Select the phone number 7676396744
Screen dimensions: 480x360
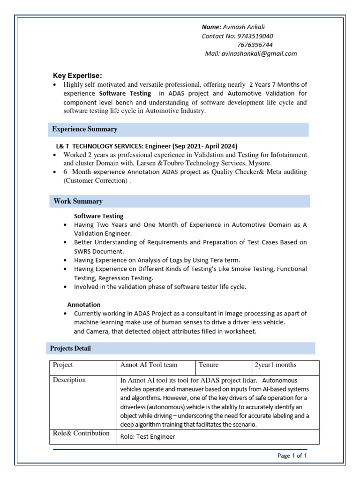pyautogui.click(x=255, y=45)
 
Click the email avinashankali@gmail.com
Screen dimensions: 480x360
pyautogui.click(x=259, y=53)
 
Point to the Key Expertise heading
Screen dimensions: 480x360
pyautogui.click(x=77, y=76)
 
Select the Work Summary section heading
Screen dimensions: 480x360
pyautogui.click(x=78, y=201)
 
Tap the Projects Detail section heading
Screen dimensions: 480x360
pyautogui.click(x=71, y=348)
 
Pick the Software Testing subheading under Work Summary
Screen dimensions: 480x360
pyautogui.click(x=99, y=216)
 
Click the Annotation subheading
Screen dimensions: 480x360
pyautogui.click(x=84, y=305)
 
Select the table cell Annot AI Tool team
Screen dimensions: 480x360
pyautogui.click(x=149, y=365)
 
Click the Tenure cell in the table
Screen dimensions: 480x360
pyautogui.click(x=209, y=365)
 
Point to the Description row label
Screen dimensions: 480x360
pyautogui.click(x=69, y=380)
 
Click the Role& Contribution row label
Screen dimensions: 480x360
pyautogui.click(x=81, y=433)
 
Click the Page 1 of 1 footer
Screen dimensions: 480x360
pyautogui.click(x=292, y=455)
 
